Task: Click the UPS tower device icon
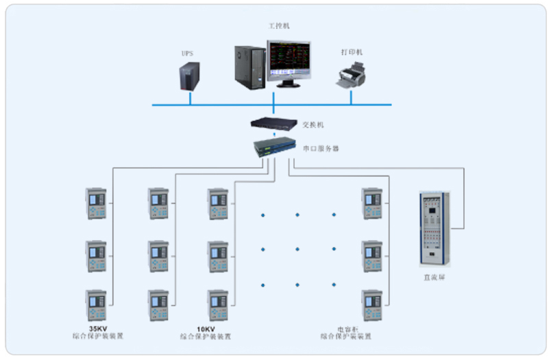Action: pos(190,74)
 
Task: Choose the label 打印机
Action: pos(352,52)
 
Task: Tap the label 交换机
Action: pos(313,125)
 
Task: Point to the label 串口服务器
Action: pos(321,147)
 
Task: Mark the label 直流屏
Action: pos(433,278)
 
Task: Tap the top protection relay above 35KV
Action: pos(97,204)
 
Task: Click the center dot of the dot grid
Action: pos(297,249)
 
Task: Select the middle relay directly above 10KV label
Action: pos(217,256)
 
